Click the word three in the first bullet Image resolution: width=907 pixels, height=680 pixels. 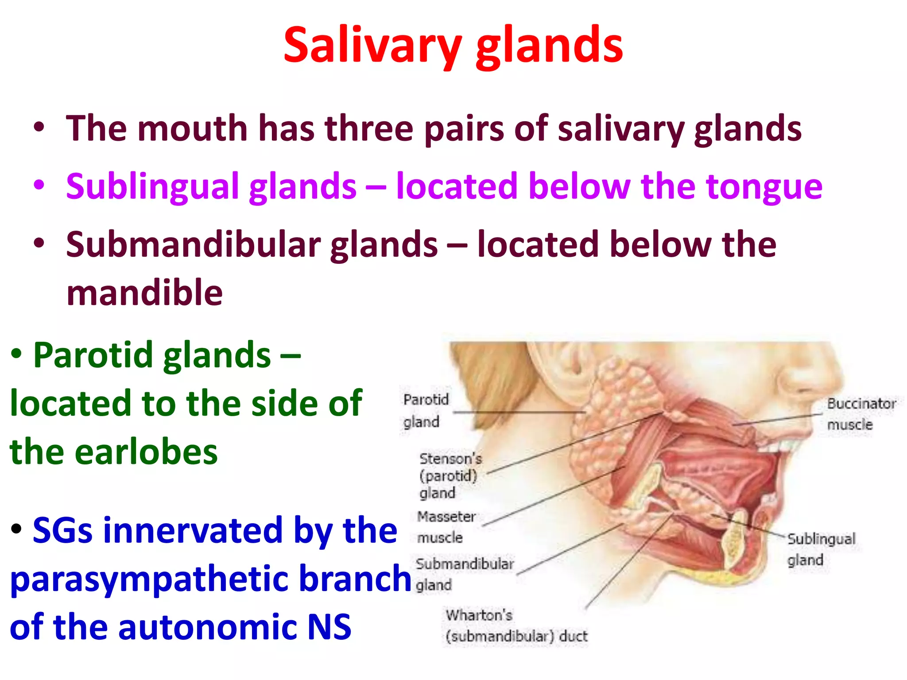click(369, 129)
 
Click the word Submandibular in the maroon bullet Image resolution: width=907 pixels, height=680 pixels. click(194, 245)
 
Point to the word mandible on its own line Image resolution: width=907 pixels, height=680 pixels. click(144, 293)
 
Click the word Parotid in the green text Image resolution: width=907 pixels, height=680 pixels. click(92, 355)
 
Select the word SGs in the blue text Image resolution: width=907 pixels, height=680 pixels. click(62, 530)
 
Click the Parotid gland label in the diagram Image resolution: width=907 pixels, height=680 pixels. click(425, 410)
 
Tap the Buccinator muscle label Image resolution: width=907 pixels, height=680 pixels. click(860, 414)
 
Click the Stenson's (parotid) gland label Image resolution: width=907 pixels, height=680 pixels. click(450, 476)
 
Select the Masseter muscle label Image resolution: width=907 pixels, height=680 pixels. click(445, 527)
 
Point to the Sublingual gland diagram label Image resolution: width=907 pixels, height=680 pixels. click(821, 549)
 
